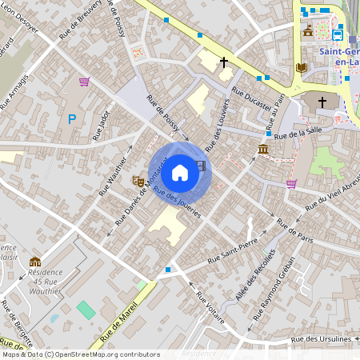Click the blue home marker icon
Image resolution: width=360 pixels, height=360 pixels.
180,172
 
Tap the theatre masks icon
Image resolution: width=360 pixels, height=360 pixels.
138,182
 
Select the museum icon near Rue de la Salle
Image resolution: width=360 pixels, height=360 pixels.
263,150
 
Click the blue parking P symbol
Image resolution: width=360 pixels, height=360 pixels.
72,119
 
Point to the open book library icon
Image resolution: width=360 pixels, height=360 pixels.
301,68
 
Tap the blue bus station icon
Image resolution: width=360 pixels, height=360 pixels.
338,35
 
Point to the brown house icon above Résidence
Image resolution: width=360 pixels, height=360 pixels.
35,262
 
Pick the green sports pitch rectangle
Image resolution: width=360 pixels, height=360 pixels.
85,309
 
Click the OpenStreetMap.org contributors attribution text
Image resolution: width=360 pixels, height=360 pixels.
110,354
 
